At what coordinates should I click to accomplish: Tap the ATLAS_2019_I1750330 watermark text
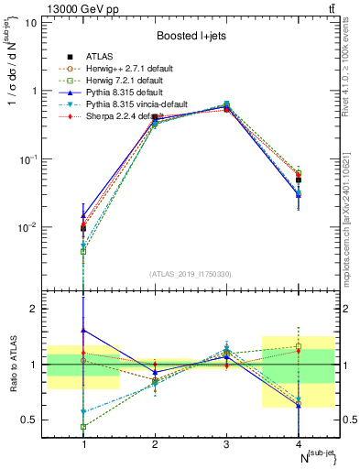(191, 274)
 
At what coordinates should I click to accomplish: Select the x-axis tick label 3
(225, 443)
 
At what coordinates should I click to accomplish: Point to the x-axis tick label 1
(84, 443)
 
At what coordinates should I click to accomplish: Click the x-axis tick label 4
(298, 443)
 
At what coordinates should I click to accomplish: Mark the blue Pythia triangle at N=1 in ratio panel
(84, 330)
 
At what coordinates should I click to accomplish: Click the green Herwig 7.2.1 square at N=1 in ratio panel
(84, 427)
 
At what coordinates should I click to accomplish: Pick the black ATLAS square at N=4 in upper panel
(298, 180)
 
